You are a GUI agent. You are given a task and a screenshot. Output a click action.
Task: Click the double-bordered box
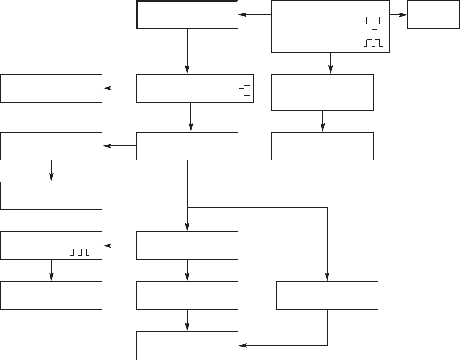tap(187, 15)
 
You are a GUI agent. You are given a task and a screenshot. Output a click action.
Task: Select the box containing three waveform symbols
tap(330, 26)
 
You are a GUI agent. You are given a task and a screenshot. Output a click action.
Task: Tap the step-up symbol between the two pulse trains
tap(371, 32)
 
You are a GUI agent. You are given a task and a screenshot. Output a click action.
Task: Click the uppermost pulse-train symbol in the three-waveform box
tap(373, 20)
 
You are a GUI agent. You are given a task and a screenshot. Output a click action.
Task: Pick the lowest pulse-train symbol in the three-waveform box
tap(373, 43)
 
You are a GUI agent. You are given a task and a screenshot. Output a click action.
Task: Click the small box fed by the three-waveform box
tap(430, 15)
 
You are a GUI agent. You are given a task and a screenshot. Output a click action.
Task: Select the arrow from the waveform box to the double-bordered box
tap(255, 15)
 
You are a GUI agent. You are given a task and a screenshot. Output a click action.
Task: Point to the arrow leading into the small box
tap(398, 15)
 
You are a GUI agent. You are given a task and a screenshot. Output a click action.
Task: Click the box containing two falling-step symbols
tap(195, 88)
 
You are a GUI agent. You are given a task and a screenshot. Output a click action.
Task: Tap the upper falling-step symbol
tap(244, 82)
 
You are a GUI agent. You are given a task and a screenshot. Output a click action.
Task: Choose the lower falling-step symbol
tap(244, 92)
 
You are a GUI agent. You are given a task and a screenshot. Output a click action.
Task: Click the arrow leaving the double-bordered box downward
tap(187, 51)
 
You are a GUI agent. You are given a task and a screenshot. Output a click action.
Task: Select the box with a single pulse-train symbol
tap(51, 246)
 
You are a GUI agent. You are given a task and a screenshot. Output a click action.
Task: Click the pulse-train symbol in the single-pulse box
tap(79, 252)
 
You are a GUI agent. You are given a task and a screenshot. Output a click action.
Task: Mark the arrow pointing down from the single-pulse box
tap(51, 271)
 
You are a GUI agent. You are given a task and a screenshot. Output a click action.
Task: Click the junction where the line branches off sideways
tap(187, 207)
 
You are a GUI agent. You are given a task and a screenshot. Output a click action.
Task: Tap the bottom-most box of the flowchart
tap(187, 346)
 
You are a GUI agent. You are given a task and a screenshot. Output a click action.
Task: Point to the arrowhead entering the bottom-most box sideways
tap(242, 346)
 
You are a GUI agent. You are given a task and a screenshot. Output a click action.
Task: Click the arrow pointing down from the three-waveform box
tap(330, 63)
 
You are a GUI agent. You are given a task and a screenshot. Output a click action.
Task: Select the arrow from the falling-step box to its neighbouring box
tap(119, 88)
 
